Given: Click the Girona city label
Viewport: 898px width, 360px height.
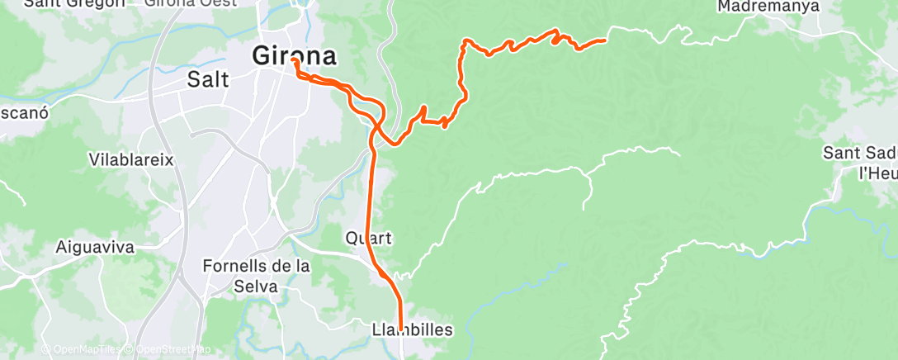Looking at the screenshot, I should (x=295, y=56).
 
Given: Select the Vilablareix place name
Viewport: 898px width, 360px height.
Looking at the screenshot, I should (x=131, y=159).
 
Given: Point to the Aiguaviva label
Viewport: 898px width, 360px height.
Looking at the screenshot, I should (x=97, y=246).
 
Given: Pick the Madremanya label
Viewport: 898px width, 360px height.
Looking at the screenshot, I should (x=768, y=7).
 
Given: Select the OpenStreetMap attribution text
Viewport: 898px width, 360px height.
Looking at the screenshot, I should (x=168, y=350).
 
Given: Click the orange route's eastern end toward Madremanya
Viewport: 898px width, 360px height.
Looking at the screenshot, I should (x=605, y=40).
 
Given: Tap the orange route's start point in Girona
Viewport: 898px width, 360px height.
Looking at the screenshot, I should (x=294, y=60).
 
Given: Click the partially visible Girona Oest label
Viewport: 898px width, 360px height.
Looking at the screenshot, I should (x=191, y=3).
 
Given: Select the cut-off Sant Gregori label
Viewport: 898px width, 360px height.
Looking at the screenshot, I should (x=74, y=3).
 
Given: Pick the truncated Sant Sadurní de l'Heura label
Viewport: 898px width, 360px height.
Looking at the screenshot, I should (x=862, y=162).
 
